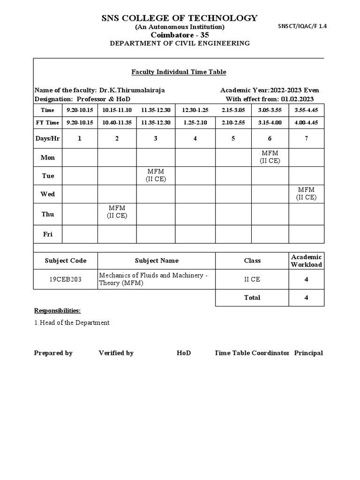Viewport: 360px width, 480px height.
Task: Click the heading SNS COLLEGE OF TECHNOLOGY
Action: tap(180, 18)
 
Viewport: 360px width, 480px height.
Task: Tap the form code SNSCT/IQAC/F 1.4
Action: tap(302, 27)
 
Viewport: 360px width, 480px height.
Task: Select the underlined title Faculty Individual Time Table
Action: tap(178, 72)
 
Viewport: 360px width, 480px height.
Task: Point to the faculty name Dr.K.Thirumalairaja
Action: tap(132, 90)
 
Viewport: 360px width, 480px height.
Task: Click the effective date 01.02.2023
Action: tap(297, 99)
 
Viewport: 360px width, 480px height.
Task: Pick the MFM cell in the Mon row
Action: tap(270, 157)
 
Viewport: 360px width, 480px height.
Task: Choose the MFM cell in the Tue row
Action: tap(156, 176)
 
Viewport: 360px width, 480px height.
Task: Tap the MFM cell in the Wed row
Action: tap(306, 194)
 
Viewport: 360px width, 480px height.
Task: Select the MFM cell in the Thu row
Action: tap(117, 211)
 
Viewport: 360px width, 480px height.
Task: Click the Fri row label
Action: tap(48, 234)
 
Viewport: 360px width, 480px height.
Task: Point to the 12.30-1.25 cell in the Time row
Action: tap(195, 110)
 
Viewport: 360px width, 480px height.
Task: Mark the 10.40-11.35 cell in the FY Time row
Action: tap(117, 122)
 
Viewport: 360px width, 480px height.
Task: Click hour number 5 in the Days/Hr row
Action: tap(233, 138)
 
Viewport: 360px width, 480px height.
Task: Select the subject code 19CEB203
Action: tap(66, 279)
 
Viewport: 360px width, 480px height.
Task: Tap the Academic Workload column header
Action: tap(306, 261)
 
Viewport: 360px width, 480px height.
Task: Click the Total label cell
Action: tap(252, 298)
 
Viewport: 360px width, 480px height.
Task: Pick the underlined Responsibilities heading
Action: tap(57, 311)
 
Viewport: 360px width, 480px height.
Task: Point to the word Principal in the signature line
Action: tap(308, 353)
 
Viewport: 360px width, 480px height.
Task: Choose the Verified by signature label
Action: tap(116, 353)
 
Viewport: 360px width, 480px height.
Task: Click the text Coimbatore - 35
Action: tap(180, 35)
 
